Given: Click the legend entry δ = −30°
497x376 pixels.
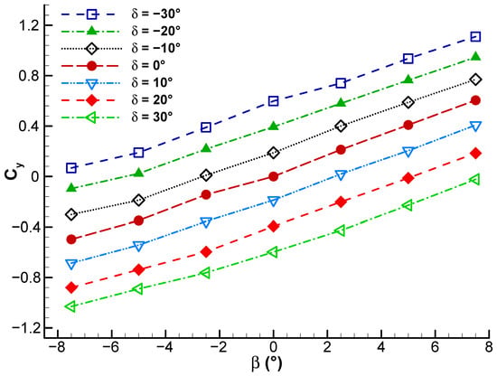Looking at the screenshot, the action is coord(156,14).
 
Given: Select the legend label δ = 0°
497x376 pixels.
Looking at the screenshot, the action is coord(148,66).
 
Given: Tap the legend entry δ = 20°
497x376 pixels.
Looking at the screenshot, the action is coord(152,99).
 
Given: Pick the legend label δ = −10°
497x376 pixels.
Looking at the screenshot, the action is coord(156,48).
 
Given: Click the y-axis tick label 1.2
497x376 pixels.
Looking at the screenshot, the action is coord(27,25).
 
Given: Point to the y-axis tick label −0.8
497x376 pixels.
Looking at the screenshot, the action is coord(23,277).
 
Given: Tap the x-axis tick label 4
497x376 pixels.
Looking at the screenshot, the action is coord(381,347).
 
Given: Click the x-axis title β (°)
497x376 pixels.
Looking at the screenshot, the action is coord(267,363).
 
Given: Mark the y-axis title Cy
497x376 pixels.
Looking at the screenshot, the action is coord(14,173).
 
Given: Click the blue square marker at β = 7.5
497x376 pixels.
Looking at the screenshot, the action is coord(475,37).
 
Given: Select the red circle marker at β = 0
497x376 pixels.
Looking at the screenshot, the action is coord(273,176).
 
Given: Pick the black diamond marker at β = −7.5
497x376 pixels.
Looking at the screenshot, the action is coord(71,214).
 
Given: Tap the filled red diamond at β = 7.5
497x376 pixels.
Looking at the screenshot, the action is coord(475,154).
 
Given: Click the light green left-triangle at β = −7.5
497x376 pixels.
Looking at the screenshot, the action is coord(70,306).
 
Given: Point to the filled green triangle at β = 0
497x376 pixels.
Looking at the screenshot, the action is coord(273,126).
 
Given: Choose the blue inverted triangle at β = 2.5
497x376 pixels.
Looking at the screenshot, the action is coord(341,175).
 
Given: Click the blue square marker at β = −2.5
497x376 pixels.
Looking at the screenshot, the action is coord(206,127).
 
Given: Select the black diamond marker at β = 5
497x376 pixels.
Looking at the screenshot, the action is coord(408,102).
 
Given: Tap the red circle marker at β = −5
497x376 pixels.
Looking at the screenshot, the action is coord(138,221).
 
